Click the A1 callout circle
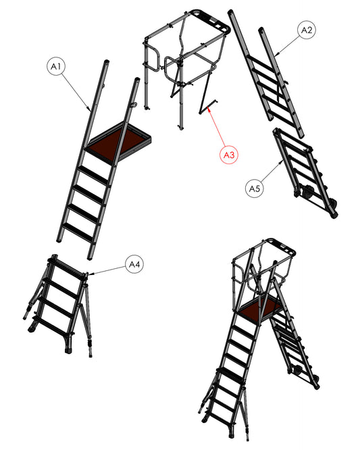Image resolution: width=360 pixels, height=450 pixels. click(x=56, y=66)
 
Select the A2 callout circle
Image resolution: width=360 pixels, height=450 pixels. click(x=307, y=30)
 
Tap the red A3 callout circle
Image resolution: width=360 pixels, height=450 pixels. click(x=228, y=155)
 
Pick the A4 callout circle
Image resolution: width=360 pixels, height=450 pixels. click(x=134, y=264)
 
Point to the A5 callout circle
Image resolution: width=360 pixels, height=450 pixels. click(x=255, y=189)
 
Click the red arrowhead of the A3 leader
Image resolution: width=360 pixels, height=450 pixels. click(x=208, y=108)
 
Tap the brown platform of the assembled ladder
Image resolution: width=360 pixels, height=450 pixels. click(x=259, y=309)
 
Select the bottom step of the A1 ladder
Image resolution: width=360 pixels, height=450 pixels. click(x=78, y=230)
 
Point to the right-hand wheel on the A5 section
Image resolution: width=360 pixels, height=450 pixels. click(x=334, y=205)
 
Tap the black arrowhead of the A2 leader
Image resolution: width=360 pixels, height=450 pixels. click(x=276, y=55)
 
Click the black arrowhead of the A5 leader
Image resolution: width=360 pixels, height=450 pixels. click(x=282, y=162)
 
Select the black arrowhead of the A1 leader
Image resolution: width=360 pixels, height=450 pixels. click(x=89, y=109)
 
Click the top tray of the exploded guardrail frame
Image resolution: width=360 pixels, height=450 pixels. click(x=213, y=21)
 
